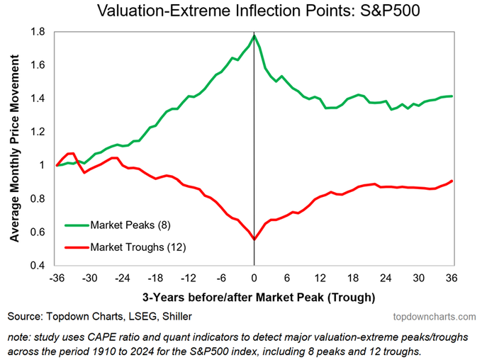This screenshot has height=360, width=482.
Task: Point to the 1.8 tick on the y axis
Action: (x=38, y=33)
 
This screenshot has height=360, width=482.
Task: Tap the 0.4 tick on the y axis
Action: (x=38, y=266)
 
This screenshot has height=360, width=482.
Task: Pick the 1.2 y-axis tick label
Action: (x=38, y=133)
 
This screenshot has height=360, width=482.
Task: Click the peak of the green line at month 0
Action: (x=254, y=35)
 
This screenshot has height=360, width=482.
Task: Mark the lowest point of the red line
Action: (x=254, y=240)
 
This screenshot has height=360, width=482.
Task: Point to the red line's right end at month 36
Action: (x=452, y=181)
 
